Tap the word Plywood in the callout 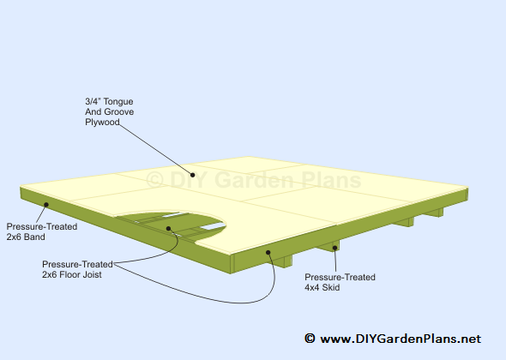pos(102,123)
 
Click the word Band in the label pos(34,237)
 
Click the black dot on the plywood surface pos(192,175)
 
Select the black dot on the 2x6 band pos(46,205)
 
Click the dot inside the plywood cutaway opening pos(168,228)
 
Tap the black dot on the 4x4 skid pos(335,248)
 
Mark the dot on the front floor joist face pos(268,252)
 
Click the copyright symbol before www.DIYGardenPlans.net pos(310,339)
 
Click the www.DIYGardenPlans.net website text pos(401,339)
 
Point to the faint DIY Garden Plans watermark pos(254,180)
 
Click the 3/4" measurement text pos(93,102)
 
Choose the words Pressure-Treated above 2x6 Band pos(42,226)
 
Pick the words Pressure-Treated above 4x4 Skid pos(340,277)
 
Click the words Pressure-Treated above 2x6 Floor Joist pos(77,264)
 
